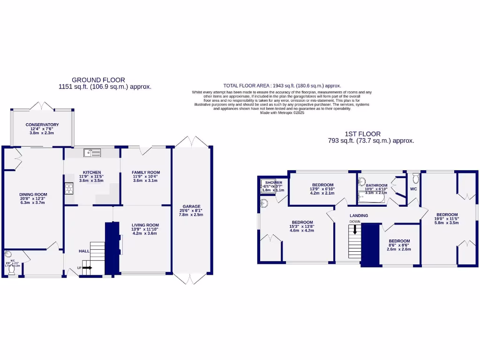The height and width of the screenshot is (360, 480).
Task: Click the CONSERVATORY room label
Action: tap(42, 125)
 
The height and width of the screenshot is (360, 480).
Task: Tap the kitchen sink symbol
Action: tap(93, 152)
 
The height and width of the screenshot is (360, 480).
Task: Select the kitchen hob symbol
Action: tap(68, 188)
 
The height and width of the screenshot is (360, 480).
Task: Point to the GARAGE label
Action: tap(192, 206)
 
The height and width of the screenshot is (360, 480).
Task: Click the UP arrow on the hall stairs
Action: tap(87, 268)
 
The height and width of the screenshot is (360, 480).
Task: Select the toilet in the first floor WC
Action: tap(415, 178)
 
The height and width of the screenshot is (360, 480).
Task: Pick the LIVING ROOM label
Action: tap(146, 225)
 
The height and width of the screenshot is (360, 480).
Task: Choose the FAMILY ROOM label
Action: tap(146, 172)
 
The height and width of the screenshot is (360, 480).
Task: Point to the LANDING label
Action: tap(359, 216)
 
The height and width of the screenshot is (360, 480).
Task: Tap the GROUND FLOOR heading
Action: tap(98, 80)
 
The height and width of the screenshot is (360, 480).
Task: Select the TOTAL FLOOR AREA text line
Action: tap(282, 86)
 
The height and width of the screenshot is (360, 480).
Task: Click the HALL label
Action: tap(84, 251)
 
